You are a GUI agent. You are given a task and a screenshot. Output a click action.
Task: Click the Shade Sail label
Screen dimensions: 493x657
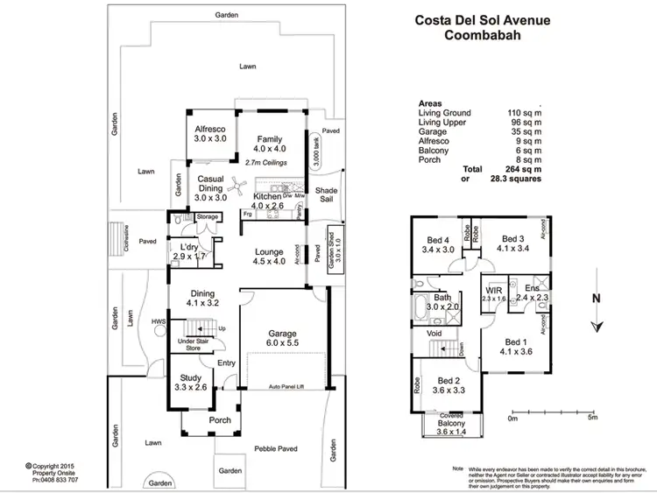(327, 194)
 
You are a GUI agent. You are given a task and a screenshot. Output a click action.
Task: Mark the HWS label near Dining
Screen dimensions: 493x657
(159, 321)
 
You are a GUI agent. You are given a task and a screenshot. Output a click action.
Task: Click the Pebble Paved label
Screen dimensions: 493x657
(278, 448)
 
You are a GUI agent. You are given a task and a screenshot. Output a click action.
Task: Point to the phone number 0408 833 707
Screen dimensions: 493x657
(54, 481)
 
